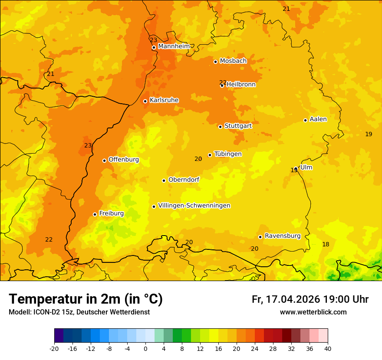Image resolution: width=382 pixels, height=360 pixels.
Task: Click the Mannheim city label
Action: click(174, 46)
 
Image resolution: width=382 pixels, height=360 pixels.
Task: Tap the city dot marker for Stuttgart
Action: click(220, 127)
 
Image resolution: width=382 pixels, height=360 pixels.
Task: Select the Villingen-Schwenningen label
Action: click(194, 206)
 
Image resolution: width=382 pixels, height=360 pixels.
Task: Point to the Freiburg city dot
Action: click(95, 214)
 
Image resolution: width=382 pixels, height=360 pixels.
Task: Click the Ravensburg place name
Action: click(283, 236)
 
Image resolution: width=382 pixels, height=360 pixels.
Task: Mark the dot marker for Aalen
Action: click(305, 120)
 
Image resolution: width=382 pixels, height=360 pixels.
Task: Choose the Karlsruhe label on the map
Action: click(164, 100)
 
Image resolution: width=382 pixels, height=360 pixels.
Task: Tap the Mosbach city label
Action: click(233, 61)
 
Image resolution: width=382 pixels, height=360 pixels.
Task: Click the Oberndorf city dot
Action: click(164, 180)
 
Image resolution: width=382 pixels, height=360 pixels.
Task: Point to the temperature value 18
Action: click(326, 245)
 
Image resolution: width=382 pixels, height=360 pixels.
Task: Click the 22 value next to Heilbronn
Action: click(223, 82)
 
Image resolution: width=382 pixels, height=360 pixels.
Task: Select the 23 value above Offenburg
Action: click(88, 145)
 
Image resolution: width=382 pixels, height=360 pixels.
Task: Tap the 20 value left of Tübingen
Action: click(198, 159)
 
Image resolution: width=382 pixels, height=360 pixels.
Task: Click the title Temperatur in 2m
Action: click(86, 299)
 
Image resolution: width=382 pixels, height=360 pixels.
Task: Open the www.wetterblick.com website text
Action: click(313, 312)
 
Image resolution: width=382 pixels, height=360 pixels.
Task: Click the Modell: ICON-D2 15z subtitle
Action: click(79, 312)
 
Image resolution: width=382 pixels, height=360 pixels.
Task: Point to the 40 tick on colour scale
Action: click(328, 348)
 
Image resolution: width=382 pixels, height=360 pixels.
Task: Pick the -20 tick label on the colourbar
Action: click(54, 348)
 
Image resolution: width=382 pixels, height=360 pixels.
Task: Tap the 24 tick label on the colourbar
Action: click(255, 348)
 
